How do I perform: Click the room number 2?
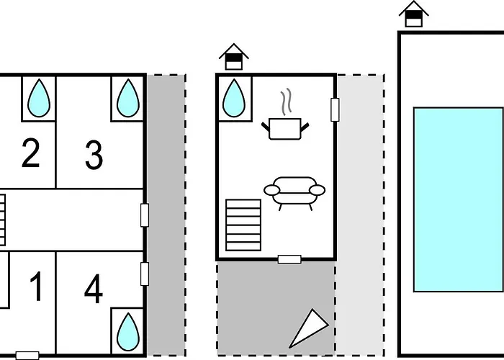31,153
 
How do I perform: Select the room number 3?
94,156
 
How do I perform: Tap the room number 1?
36,287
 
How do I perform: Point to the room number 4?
94,288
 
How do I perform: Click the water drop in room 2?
39,98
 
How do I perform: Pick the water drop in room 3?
128,98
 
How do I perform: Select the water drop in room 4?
128,332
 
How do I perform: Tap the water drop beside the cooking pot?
234,98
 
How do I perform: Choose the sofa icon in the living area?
294,194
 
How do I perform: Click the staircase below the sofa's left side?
243,225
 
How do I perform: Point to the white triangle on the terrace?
309,328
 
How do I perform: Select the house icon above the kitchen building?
234,57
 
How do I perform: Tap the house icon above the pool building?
414,14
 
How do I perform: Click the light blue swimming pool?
459,199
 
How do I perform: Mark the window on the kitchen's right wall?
335,109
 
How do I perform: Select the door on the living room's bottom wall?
289,259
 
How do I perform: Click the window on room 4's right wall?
145,274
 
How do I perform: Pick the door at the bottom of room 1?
27,356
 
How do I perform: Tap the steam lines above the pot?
287,102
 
